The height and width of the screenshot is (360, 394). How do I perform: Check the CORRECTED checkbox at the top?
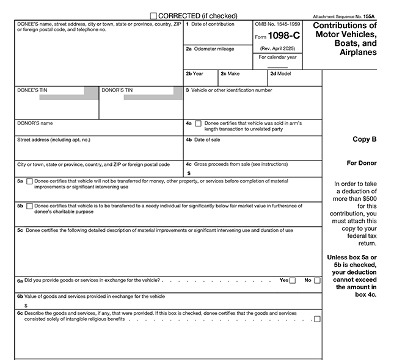(x=153, y=15)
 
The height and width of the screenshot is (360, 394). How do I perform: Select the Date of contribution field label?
(x=212, y=24)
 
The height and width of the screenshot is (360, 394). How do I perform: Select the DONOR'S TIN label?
(x=117, y=90)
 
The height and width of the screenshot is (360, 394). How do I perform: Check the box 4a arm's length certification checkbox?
(x=199, y=123)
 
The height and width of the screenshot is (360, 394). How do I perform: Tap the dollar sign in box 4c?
(x=189, y=173)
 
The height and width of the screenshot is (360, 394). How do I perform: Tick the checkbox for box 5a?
(x=29, y=181)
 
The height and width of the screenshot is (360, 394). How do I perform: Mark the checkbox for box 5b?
(x=29, y=206)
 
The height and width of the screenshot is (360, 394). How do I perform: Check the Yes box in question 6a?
(x=293, y=281)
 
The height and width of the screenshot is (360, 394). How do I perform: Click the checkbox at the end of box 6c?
(x=317, y=319)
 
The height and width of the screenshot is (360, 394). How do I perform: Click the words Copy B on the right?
(x=365, y=139)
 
